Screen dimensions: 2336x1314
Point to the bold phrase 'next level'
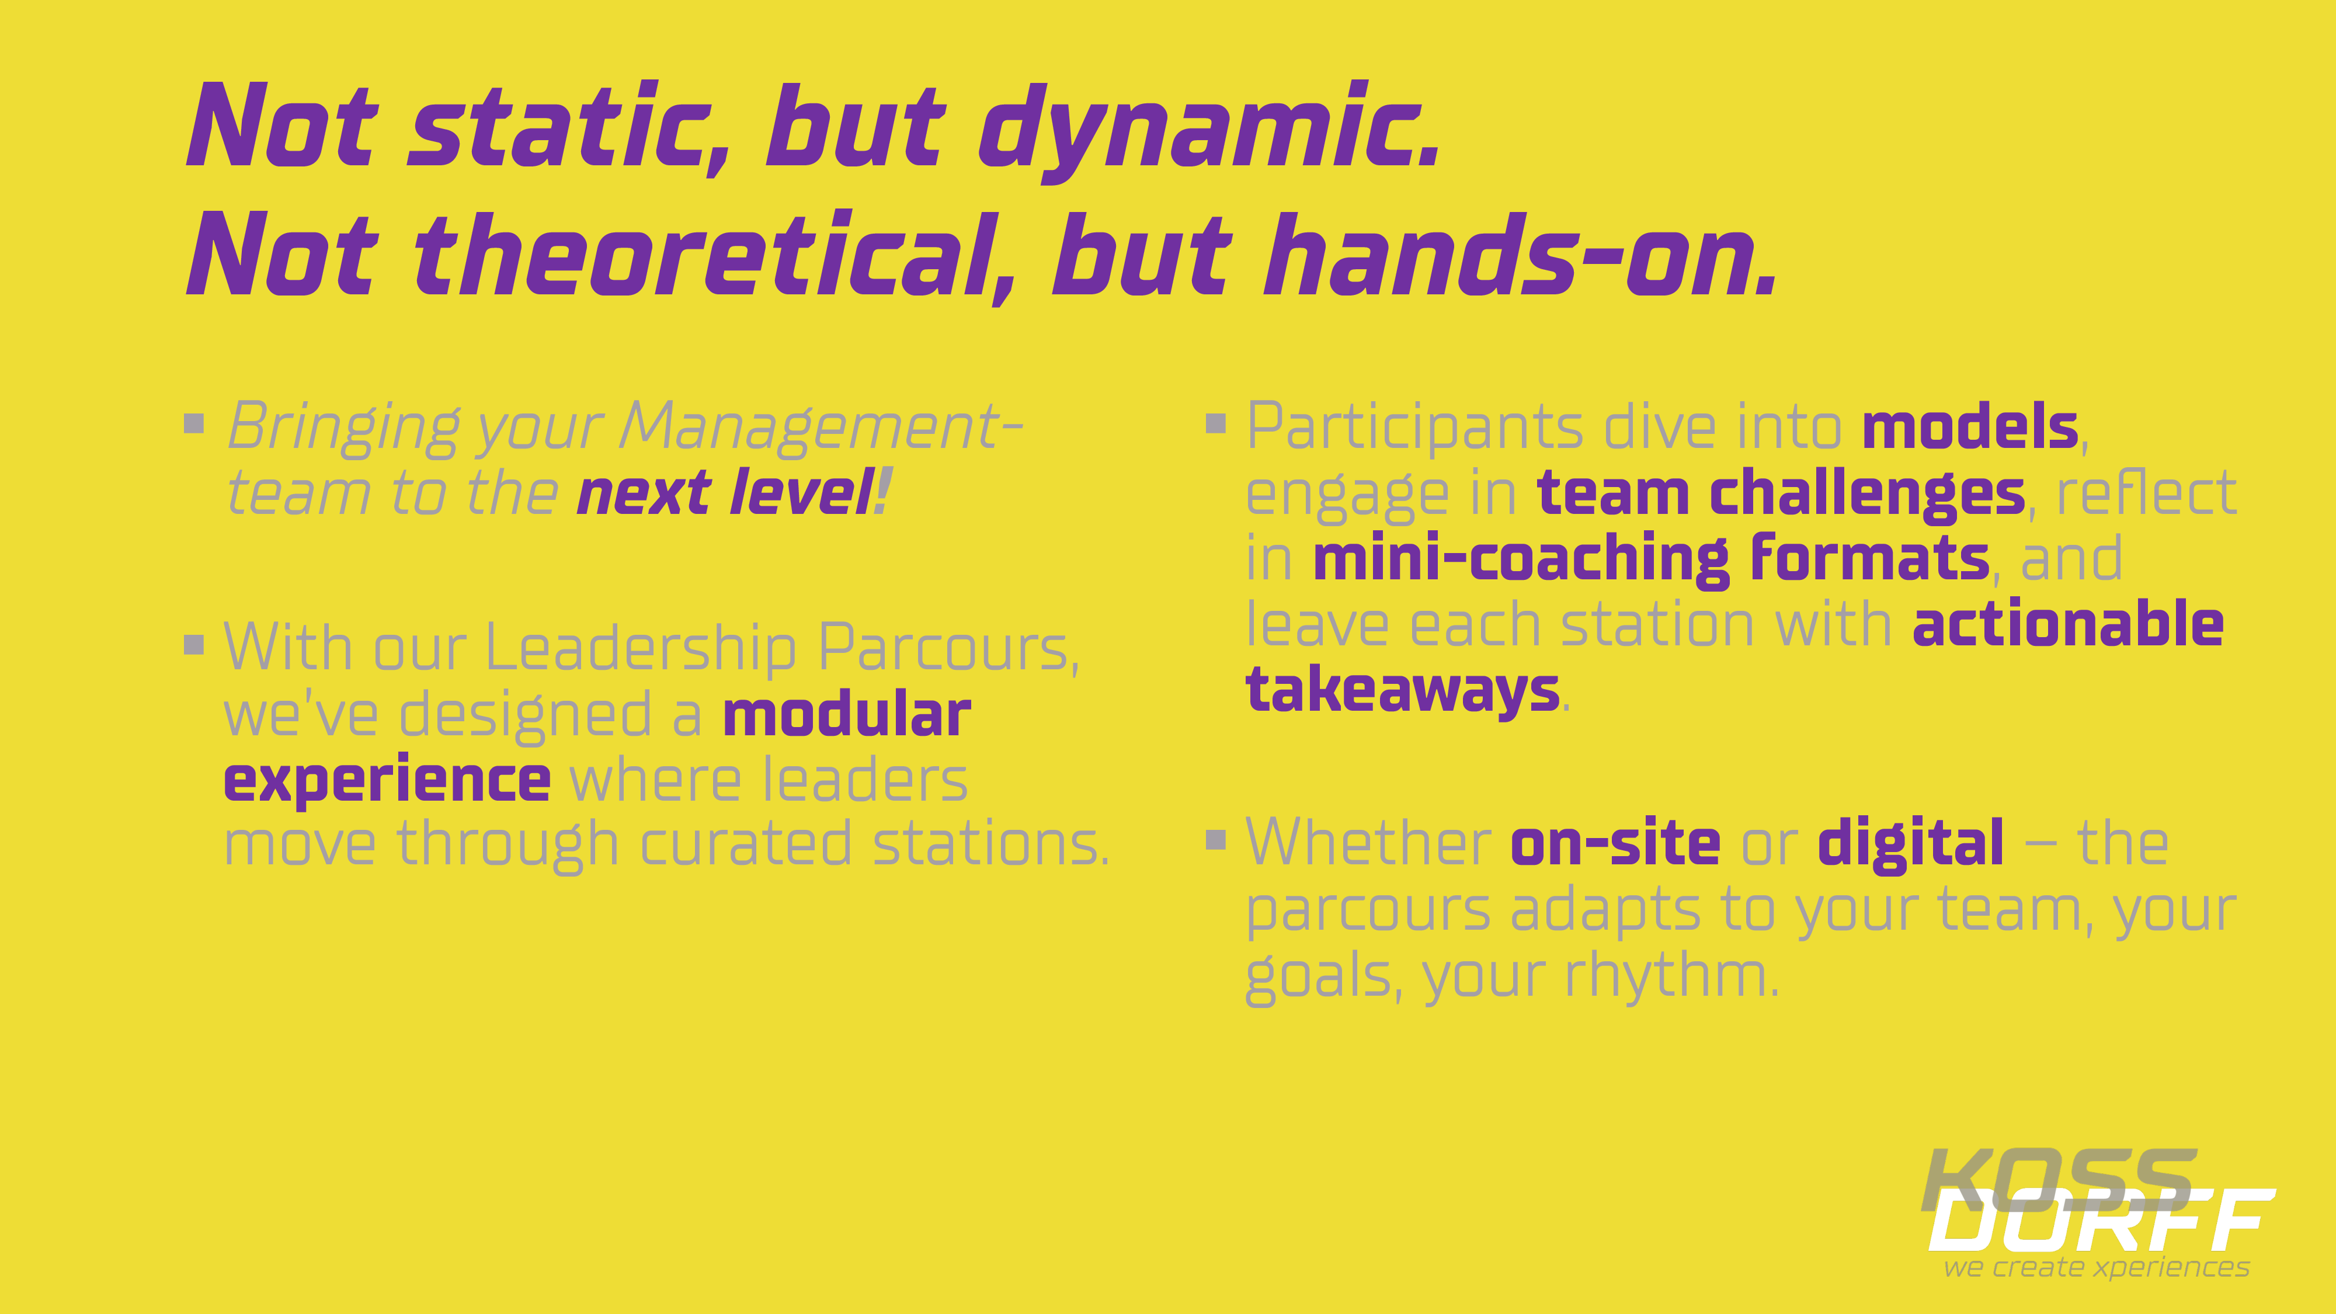pos(725,493)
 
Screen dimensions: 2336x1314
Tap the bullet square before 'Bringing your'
pos(194,423)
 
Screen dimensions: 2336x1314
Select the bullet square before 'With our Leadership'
pos(194,644)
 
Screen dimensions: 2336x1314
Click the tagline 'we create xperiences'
pos(2097,1267)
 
